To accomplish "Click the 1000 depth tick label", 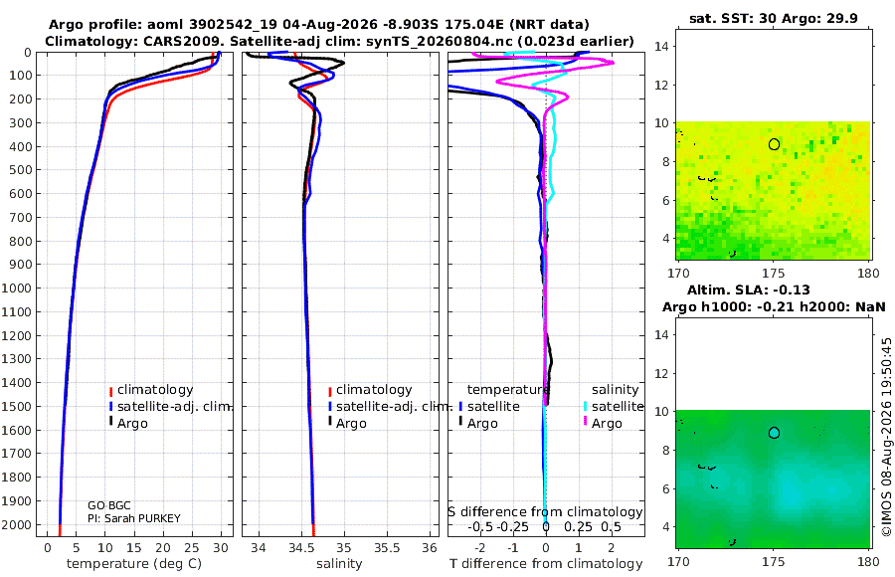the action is (16, 288).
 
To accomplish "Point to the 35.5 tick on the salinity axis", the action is (387, 548).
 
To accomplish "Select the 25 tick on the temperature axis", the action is (192, 548).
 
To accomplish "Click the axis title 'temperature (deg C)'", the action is (134, 564).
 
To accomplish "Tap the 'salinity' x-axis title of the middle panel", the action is (339, 564).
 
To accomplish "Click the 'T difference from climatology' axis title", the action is (546, 564).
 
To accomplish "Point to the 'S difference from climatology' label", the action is (545, 512).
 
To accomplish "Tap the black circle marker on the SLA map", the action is (774, 428).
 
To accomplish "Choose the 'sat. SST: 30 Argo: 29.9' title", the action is (774, 18).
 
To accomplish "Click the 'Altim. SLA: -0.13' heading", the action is (748, 289).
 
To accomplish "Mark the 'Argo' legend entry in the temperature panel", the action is (132, 424).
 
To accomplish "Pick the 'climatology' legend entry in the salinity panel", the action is (374, 390).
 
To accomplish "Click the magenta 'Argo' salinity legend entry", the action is (607, 424).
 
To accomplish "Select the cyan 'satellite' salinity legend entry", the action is (617, 407).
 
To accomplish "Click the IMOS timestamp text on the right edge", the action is (886, 437).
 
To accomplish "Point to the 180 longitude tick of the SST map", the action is (868, 273).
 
